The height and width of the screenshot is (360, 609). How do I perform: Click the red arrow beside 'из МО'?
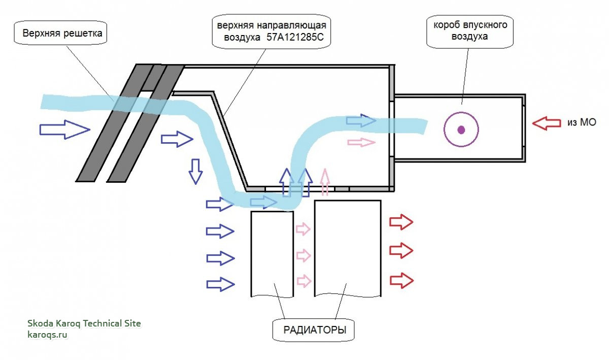coord(547,123)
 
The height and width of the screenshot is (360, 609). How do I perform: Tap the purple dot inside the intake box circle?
coord(461,129)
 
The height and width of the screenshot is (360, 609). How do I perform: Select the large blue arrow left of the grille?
coord(64,130)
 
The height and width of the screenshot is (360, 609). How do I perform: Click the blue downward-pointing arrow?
coord(195,171)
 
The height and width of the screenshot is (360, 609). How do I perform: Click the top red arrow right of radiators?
coord(401,222)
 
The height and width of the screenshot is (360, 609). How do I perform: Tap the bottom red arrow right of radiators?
coord(401,280)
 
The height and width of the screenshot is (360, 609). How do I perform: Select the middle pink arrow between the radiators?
coord(303,255)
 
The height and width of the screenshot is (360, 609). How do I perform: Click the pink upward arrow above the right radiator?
coord(325,182)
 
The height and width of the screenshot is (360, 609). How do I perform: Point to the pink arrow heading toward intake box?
coord(361,143)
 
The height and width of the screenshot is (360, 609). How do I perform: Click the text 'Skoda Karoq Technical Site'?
coord(84,323)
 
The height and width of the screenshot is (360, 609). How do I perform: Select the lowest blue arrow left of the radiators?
coord(220,284)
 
